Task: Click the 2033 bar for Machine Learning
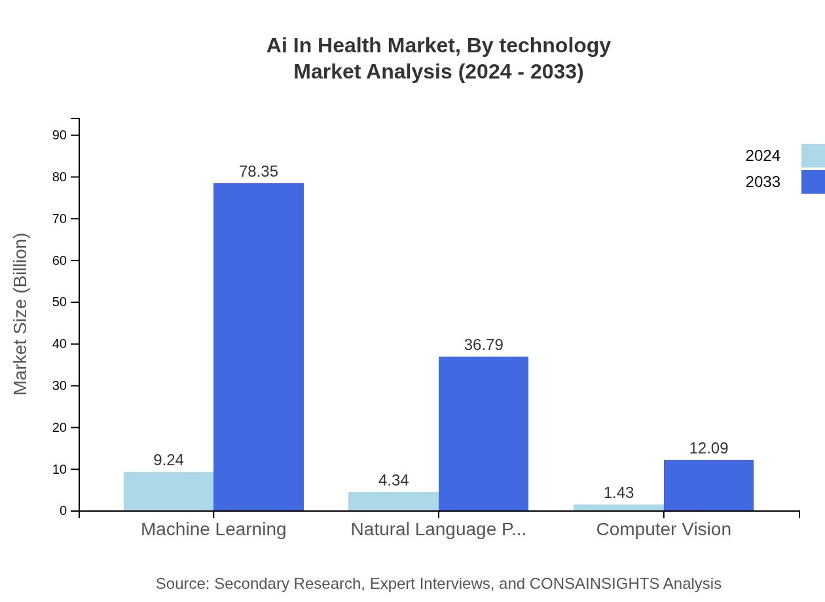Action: click(x=259, y=347)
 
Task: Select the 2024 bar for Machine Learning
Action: click(x=168, y=491)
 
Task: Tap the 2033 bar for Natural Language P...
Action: click(x=483, y=433)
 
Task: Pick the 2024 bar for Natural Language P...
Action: click(x=393, y=501)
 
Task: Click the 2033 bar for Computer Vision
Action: click(x=708, y=485)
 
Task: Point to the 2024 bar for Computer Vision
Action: click(x=618, y=507)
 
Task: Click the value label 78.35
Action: click(x=259, y=171)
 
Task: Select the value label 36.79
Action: click(x=483, y=345)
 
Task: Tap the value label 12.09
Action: click(x=708, y=448)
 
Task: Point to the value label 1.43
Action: click(x=618, y=493)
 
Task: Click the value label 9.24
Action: click(x=168, y=460)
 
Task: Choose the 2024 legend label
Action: click(x=763, y=156)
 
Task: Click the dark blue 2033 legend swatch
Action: click(x=813, y=182)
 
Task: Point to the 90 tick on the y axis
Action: click(x=60, y=135)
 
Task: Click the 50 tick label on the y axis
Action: click(x=60, y=302)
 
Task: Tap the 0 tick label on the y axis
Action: click(x=64, y=511)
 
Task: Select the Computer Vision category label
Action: click(x=663, y=529)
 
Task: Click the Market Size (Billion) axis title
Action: click(x=21, y=314)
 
